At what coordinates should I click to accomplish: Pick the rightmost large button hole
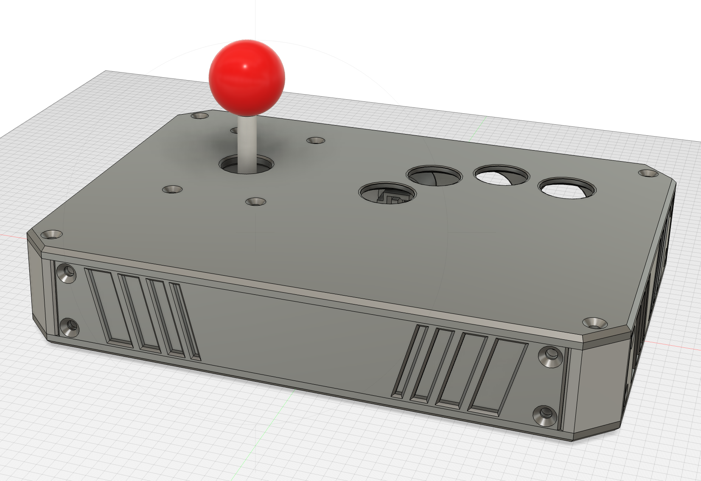[x=567, y=188]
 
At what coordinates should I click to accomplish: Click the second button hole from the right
[x=501, y=176]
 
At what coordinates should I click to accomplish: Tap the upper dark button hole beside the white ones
[x=435, y=175]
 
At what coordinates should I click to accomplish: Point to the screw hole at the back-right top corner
[x=648, y=173]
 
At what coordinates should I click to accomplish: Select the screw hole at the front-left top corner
[x=52, y=234]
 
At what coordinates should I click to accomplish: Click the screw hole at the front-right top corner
[x=595, y=323]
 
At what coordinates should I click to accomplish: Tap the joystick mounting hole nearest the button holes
[x=315, y=140]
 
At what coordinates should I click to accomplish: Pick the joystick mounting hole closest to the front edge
[x=255, y=201]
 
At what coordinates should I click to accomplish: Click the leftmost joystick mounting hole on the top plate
[x=172, y=189]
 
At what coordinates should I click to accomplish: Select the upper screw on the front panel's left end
[x=67, y=271]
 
